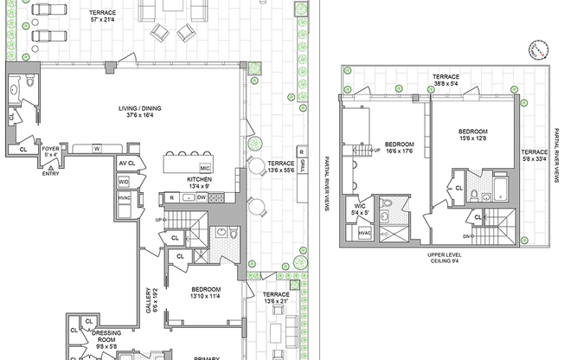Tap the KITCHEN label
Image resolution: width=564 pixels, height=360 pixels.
point(199,179)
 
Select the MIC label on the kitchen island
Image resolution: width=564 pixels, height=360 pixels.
point(205,167)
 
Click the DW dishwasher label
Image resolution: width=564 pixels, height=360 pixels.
point(201,198)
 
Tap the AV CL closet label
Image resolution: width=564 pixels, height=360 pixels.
point(126,163)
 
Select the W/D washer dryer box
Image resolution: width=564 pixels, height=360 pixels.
point(124,182)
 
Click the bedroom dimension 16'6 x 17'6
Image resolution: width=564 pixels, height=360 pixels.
point(399,151)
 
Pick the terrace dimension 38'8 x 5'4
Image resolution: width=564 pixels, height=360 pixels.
point(446,84)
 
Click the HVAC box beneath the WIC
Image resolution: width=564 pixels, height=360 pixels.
point(364,232)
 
